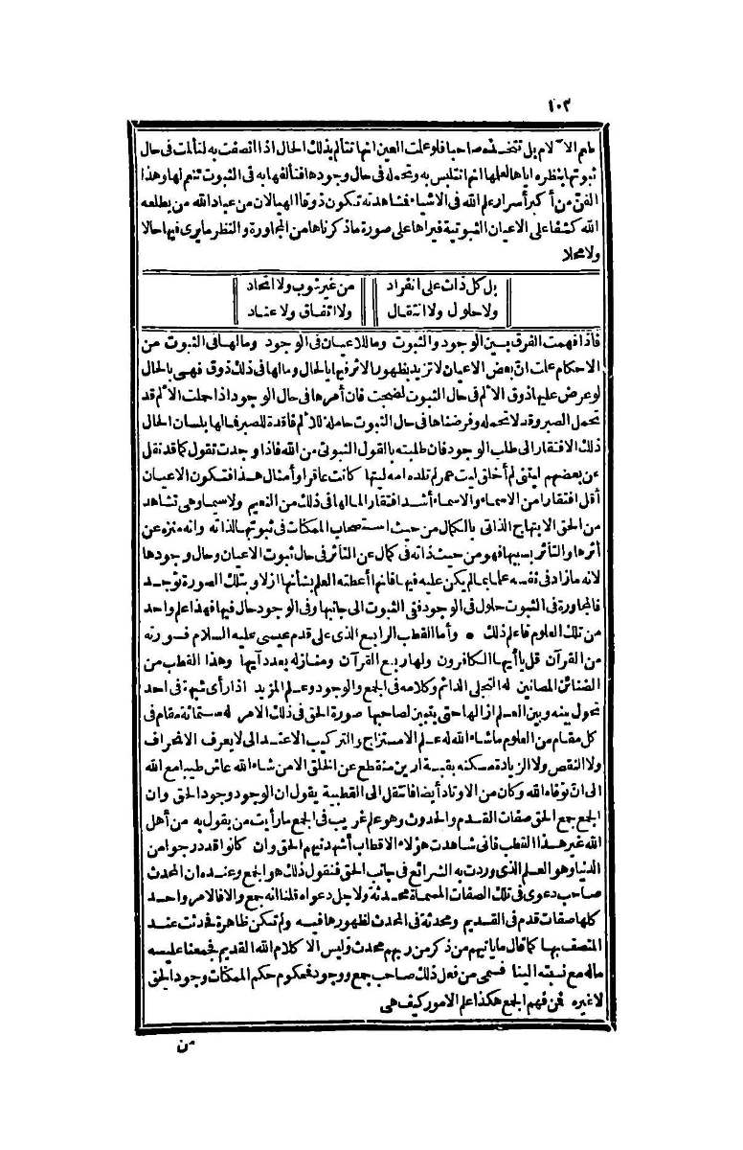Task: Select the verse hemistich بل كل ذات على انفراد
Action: pyautogui.click(x=446, y=286)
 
